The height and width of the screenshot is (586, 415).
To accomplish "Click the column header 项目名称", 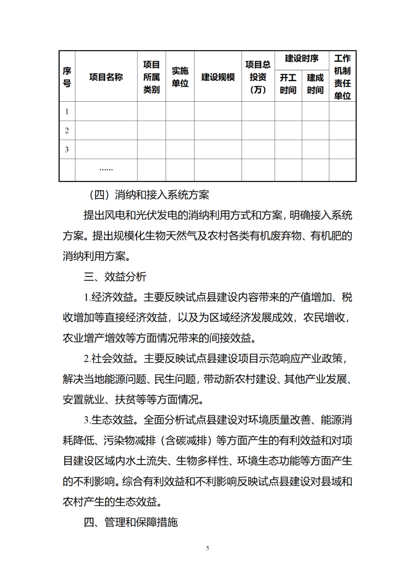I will click(x=106, y=77).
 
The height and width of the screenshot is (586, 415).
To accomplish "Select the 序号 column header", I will click(x=67, y=77).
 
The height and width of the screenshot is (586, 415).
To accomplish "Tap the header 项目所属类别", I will click(x=151, y=77).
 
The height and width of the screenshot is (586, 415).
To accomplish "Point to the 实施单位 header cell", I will click(x=180, y=77).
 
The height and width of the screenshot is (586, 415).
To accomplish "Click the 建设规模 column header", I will click(x=218, y=77).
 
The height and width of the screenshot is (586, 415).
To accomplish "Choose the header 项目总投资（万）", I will click(x=258, y=77).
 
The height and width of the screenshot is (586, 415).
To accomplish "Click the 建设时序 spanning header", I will click(x=302, y=59).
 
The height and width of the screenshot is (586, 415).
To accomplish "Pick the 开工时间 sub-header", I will click(x=288, y=84).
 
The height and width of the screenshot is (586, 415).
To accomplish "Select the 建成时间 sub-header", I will click(x=315, y=84).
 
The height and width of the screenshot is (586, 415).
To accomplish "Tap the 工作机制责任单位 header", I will click(x=342, y=77).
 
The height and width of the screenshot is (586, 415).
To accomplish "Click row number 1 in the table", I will click(x=67, y=112).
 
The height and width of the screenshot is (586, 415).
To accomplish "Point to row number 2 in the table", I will click(x=67, y=130).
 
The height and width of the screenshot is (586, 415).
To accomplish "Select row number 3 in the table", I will click(x=67, y=150).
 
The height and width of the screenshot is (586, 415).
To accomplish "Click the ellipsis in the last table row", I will click(x=106, y=169).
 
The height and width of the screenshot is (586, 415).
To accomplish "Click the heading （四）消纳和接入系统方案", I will click(x=149, y=195).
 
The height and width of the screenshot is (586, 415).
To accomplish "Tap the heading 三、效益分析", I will click(x=115, y=277).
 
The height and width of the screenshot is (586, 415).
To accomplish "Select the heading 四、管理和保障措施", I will click(x=131, y=522).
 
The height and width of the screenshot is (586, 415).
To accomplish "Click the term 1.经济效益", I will click(x=109, y=297).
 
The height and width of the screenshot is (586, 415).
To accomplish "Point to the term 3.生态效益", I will click(x=109, y=420).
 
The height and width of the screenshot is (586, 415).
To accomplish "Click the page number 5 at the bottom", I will click(x=207, y=548).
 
